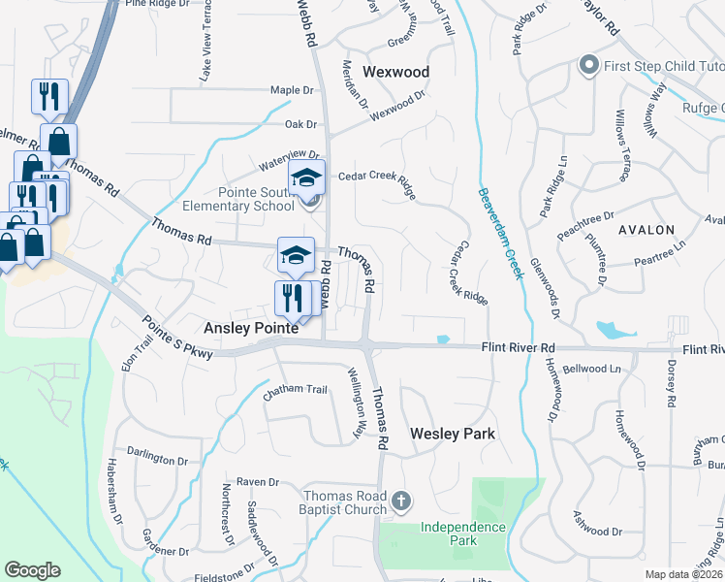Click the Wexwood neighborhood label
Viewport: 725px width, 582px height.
click(395, 72)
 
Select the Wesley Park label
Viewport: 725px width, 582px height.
click(453, 434)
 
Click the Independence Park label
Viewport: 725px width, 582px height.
click(462, 533)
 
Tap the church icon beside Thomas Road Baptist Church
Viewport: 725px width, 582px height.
click(401, 501)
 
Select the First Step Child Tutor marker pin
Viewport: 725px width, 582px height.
click(587, 67)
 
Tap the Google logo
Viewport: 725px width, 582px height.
click(32, 570)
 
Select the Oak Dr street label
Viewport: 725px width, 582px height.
click(301, 124)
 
